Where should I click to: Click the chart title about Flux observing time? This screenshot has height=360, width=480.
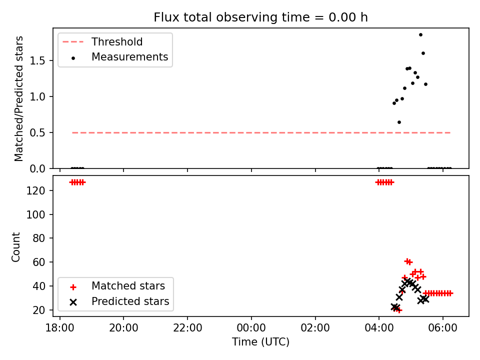coord(260,17)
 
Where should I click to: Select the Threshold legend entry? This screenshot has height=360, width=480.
coord(102,42)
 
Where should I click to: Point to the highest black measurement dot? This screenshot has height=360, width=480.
coord(420,35)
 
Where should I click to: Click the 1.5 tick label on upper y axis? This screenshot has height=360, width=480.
coord(37,61)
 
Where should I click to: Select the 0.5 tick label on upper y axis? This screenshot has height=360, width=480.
coord(37,133)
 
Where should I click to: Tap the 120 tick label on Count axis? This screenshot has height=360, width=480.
coord(35,190)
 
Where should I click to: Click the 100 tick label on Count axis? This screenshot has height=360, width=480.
coord(35,214)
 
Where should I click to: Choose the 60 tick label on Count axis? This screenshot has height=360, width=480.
coord(39,262)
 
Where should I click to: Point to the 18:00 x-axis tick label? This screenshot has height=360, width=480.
coord(59,328)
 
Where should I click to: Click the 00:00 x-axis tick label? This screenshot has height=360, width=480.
coord(251,328)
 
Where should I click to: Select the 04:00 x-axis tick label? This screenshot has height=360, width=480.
coord(379,328)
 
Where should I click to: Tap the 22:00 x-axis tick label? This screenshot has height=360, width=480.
coord(187,328)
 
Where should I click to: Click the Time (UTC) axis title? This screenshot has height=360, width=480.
coord(260,341)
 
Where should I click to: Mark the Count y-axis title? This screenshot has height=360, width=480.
coord(15,246)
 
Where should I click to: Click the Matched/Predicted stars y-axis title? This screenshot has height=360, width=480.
coord(18,98)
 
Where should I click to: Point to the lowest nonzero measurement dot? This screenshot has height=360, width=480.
coord(399,122)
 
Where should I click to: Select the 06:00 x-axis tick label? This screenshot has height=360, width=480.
coord(443,328)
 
